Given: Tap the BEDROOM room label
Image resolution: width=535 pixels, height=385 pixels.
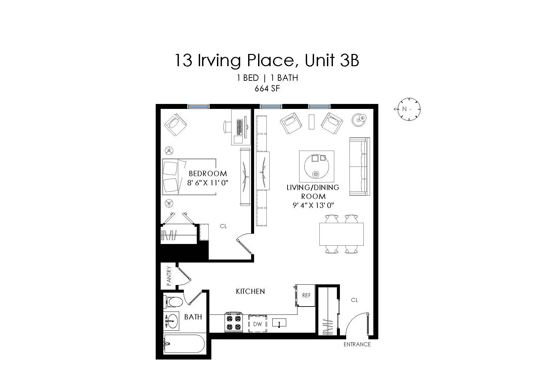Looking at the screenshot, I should click(x=208, y=173).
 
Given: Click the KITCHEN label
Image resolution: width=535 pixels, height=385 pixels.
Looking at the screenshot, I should click(x=250, y=291).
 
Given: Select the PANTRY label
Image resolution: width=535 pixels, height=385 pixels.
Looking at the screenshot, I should click(x=169, y=276).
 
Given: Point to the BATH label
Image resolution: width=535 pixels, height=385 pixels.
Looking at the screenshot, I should click(x=193, y=317).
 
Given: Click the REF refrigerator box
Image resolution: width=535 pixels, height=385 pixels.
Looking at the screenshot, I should click(x=306, y=295).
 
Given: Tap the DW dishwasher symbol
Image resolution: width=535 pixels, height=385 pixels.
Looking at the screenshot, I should click(x=257, y=324).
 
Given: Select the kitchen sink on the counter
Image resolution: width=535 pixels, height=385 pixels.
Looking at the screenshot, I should click(x=279, y=323).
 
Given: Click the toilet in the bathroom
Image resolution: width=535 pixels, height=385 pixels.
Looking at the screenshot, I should click(x=173, y=302).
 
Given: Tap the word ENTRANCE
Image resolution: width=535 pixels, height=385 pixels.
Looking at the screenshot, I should click(x=357, y=344).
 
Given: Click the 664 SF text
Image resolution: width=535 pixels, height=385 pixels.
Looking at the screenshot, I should click(x=267, y=88).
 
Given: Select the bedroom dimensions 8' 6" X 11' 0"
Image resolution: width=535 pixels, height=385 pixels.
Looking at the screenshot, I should click(x=208, y=182).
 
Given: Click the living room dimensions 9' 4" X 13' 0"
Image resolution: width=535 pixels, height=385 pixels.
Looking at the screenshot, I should click(x=313, y=205).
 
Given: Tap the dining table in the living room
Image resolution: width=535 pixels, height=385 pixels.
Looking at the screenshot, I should click(x=341, y=234).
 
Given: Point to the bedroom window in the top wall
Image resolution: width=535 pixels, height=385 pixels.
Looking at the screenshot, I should click(x=198, y=106).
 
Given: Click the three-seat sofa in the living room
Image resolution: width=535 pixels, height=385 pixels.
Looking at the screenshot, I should click(x=359, y=166).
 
